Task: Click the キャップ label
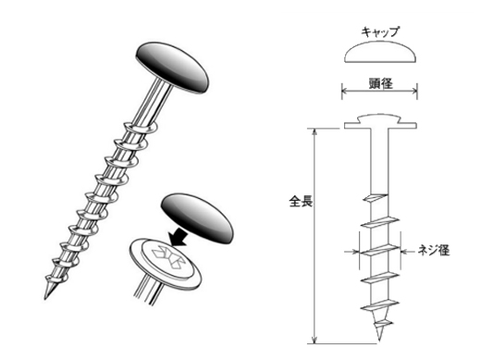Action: tap(380, 32)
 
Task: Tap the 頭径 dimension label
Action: tap(380, 83)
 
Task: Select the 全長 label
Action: tap(301, 202)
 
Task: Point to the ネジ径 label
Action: tap(434, 251)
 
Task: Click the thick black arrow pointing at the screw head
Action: tap(178, 237)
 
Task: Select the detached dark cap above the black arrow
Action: tap(197, 218)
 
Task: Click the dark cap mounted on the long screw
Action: tap(172, 68)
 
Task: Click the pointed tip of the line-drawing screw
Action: tap(379, 339)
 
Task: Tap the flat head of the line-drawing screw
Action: tap(380, 122)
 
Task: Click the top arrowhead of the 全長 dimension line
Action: tap(314, 131)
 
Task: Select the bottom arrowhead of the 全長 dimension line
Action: tap(314, 341)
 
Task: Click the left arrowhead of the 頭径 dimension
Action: tap(345, 92)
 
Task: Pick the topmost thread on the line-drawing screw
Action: tap(375, 198)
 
